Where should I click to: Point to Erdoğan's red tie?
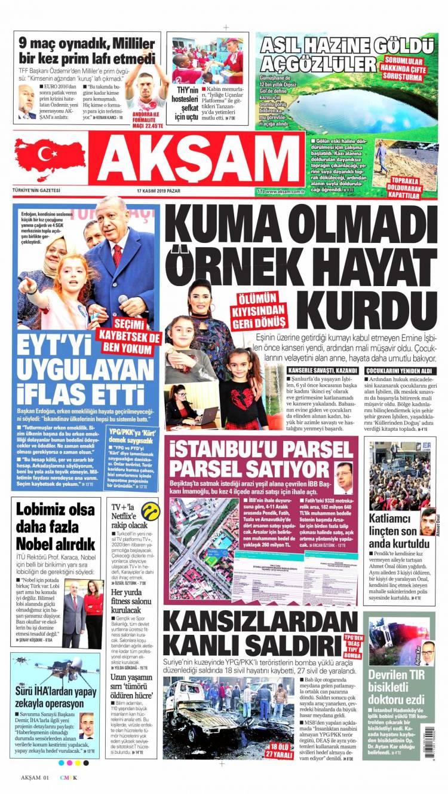coord(117,254)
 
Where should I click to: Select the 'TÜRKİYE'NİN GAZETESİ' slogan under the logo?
coord(36,191)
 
